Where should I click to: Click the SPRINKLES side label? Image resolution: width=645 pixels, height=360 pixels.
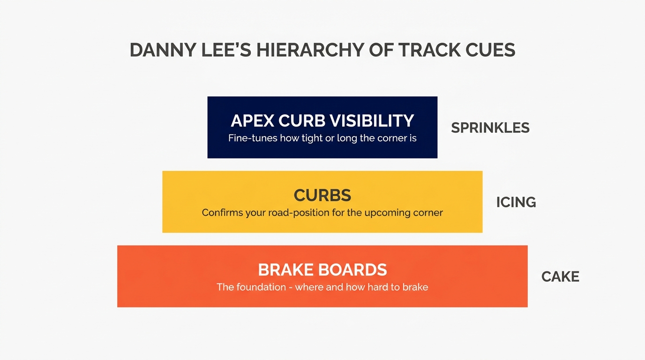490,128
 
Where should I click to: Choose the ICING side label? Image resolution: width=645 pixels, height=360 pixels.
516,202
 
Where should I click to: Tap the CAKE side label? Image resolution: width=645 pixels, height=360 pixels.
560,277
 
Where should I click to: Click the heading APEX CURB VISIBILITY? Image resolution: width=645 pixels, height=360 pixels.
322,120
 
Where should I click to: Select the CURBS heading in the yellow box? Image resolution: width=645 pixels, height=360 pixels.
322,195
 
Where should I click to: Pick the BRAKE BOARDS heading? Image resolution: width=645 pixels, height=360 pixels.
322,270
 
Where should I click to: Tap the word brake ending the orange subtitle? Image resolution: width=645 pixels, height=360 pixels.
415,287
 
